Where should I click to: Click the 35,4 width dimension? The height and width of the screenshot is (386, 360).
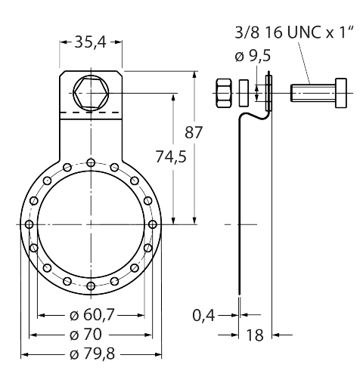(91, 42)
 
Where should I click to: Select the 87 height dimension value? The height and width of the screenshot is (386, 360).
(194, 132)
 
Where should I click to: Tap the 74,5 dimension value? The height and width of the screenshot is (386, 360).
(171, 156)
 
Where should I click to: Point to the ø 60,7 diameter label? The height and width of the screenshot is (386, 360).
(92, 315)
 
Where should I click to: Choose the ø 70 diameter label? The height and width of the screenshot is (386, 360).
(85, 335)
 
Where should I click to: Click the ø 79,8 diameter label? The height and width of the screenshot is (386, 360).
(92, 354)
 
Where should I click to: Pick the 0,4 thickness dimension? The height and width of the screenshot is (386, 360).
(203, 316)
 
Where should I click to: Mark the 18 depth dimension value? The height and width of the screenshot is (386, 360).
(255, 335)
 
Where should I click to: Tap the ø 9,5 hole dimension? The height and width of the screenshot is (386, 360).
(253, 56)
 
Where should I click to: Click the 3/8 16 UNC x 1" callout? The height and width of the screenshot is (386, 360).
(294, 33)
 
